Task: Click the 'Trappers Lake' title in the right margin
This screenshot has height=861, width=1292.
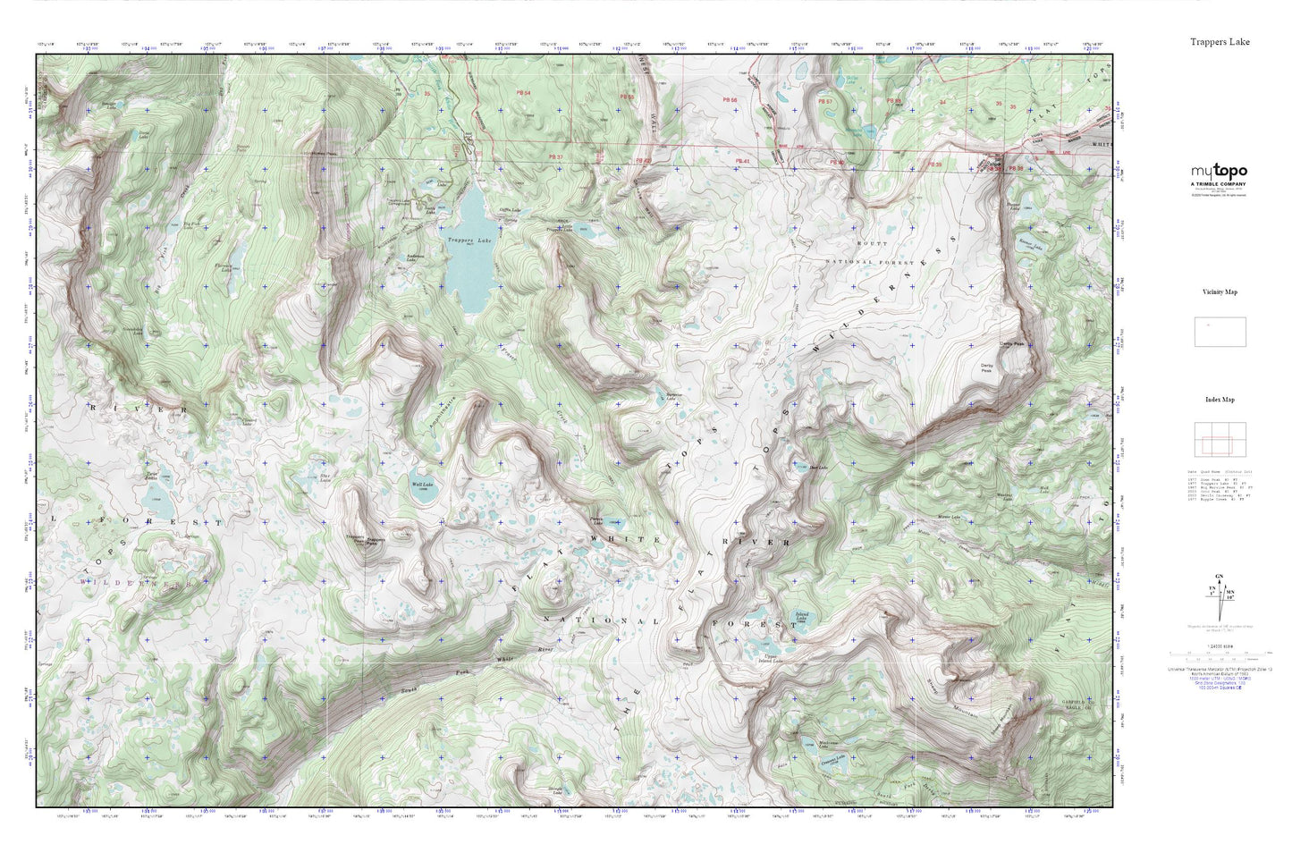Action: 1220,42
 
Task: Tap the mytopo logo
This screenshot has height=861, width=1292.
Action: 1218,172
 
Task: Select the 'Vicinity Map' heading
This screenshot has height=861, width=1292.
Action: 1219,292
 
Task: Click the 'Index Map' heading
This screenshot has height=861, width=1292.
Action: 1219,400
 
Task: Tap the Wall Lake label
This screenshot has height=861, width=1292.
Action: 421,485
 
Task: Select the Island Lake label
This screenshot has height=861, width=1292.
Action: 801,617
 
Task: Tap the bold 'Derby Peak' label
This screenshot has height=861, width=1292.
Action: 1011,343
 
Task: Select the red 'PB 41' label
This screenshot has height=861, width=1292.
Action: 740,161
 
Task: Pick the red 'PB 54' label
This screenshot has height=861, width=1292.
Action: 523,93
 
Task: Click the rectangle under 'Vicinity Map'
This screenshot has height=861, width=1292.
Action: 1220,332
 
